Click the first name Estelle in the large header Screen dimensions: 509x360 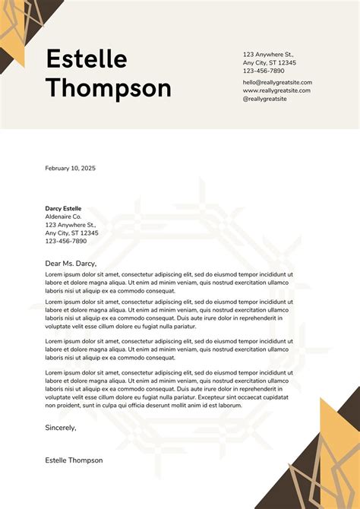(x=86, y=58)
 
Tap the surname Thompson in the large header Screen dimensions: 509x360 (x=109, y=88)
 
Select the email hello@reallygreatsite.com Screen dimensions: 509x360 (x=277, y=82)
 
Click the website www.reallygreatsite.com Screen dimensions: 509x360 (x=276, y=90)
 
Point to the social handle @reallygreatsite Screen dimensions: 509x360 (x=265, y=99)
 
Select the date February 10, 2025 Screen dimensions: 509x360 (x=71, y=168)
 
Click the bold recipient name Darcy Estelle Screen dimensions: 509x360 (x=63, y=208)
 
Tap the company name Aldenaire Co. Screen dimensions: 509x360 (x=63, y=217)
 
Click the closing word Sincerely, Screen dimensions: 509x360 (x=61, y=428)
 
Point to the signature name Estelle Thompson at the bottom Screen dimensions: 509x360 (x=74, y=460)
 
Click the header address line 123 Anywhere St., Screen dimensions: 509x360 (x=268, y=55)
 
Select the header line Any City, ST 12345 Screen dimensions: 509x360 (x=270, y=63)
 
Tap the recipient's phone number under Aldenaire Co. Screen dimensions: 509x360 (x=66, y=241)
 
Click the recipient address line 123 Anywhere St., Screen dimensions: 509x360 (x=71, y=225)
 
